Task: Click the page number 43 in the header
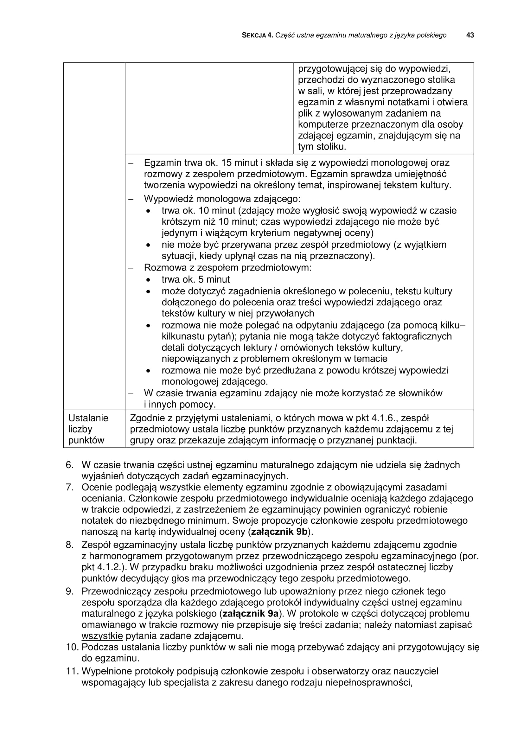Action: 470,35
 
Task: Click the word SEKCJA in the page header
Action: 254,35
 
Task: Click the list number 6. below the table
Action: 70,465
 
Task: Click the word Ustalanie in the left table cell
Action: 88,418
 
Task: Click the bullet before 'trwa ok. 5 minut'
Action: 148,280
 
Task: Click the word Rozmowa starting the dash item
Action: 164,268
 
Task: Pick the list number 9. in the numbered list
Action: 70,591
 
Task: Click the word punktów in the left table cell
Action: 86,440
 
